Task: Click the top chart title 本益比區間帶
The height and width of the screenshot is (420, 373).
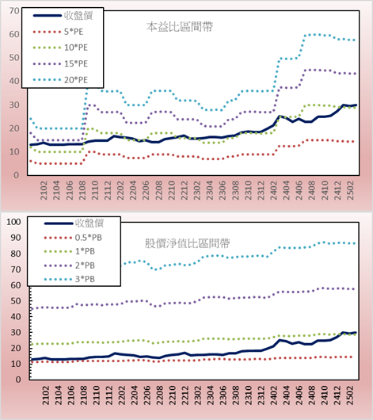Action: tap(180, 27)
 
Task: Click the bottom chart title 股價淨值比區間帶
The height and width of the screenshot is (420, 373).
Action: tap(187, 243)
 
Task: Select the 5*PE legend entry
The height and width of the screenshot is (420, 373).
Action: tap(74, 32)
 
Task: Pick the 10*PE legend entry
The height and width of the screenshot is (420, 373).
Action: tap(76, 48)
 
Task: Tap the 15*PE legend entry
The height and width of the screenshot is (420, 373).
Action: tap(76, 63)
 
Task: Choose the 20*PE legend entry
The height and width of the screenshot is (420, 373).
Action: tap(76, 80)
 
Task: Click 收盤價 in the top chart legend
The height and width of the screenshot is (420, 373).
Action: tap(78, 16)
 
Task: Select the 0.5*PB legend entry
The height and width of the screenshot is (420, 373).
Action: tap(89, 238)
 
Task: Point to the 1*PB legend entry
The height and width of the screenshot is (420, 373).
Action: tap(85, 251)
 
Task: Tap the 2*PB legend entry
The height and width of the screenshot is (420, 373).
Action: tap(85, 265)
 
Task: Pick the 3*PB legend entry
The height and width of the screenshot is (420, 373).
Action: tap(85, 279)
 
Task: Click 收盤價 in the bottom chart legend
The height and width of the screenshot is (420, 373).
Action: tap(89, 223)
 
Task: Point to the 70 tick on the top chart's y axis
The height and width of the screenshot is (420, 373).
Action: tap(14, 11)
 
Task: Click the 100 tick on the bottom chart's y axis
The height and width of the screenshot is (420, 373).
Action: tap(13, 222)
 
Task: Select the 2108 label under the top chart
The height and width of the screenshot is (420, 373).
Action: tap(82, 190)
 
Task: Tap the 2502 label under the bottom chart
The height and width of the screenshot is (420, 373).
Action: tap(351, 395)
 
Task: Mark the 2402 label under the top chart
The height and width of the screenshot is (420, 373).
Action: tap(274, 190)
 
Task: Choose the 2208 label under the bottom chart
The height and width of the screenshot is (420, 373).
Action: tap(160, 395)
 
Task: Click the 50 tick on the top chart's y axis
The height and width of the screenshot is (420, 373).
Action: tap(14, 58)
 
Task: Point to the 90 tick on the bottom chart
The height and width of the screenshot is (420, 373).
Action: tap(16, 238)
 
